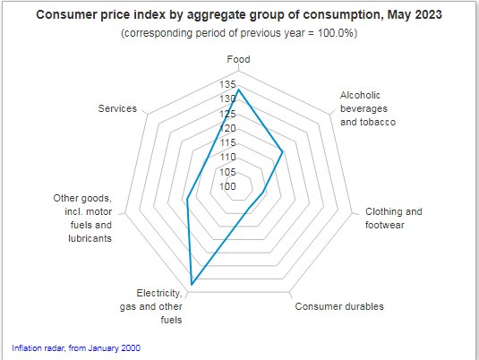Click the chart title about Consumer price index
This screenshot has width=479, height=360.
click(x=238, y=15)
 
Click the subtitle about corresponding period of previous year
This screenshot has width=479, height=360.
click(x=238, y=33)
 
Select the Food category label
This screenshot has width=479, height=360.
click(x=238, y=60)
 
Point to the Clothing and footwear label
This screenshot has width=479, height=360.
click(x=393, y=219)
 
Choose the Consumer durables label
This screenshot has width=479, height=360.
click(x=339, y=306)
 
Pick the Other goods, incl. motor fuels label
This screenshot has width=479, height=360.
click(x=81, y=219)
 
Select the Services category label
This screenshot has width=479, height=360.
click(x=117, y=108)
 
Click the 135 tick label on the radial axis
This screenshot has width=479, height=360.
click(x=227, y=84)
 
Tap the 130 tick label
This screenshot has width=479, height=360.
click(x=227, y=99)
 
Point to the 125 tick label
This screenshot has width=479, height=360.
click(x=227, y=114)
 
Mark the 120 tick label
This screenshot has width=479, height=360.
click(x=227, y=128)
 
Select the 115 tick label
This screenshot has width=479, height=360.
click(x=227, y=143)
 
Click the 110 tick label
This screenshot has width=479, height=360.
click(x=227, y=158)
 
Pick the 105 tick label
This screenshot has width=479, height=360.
click(x=227, y=172)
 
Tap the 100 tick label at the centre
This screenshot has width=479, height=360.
click(x=227, y=187)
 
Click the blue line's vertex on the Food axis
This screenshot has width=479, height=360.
click(x=238, y=89)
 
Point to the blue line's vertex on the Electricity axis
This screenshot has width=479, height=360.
click(x=192, y=285)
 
